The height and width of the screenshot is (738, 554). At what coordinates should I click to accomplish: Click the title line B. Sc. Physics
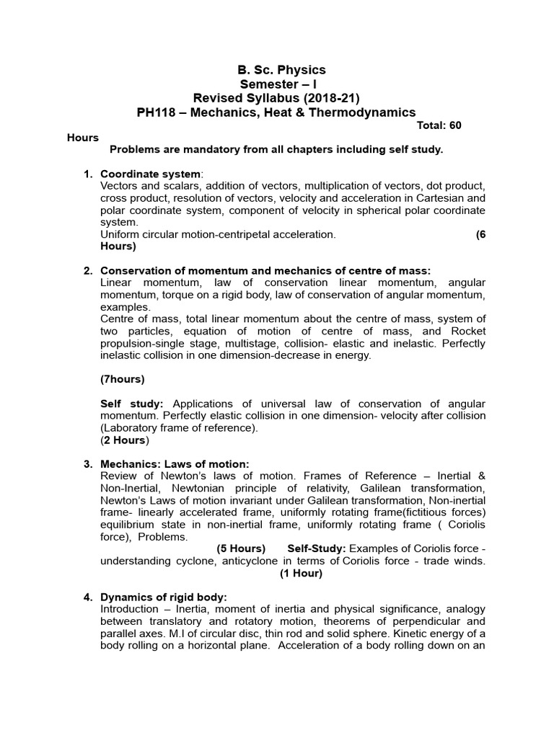[281, 70]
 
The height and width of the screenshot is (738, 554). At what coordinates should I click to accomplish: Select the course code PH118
[155, 112]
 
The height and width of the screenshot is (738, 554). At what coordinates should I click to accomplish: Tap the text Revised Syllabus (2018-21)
[276, 98]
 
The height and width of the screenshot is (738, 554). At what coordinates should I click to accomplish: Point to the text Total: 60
[439, 125]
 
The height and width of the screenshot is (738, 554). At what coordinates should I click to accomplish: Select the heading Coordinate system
[151, 174]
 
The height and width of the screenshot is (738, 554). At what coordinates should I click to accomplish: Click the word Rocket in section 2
[468, 331]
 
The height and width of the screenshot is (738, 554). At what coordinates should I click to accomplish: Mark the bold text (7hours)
[123, 379]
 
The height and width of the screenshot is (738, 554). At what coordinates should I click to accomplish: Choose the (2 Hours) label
[125, 440]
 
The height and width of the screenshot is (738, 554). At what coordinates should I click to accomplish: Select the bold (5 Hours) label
[241, 549]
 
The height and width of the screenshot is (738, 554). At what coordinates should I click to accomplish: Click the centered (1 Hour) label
[301, 574]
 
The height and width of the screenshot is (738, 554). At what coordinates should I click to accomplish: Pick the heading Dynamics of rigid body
[164, 597]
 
